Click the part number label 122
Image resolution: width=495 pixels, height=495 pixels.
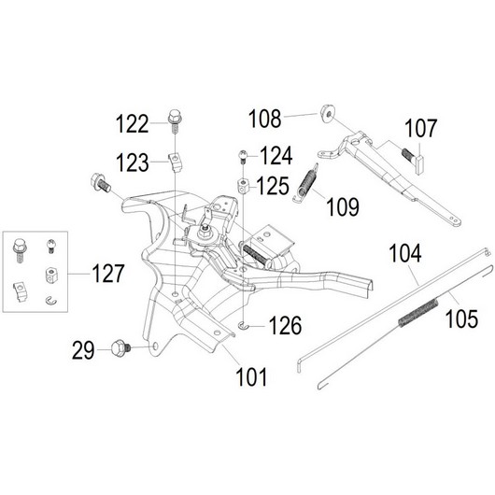pos(133,124)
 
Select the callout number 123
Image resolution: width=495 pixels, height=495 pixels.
pos(133,163)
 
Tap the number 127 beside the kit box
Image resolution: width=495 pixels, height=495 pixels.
pos(108,274)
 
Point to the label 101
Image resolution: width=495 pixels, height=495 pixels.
pos(251,376)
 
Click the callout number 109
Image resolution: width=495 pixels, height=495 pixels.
pos(343,206)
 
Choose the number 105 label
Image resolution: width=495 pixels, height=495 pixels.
pos(461,318)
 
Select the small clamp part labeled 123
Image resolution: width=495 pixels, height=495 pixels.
pos(177,162)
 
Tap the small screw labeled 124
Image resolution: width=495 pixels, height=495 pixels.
pos(243,157)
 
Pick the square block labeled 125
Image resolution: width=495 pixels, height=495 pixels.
pos(244,186)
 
